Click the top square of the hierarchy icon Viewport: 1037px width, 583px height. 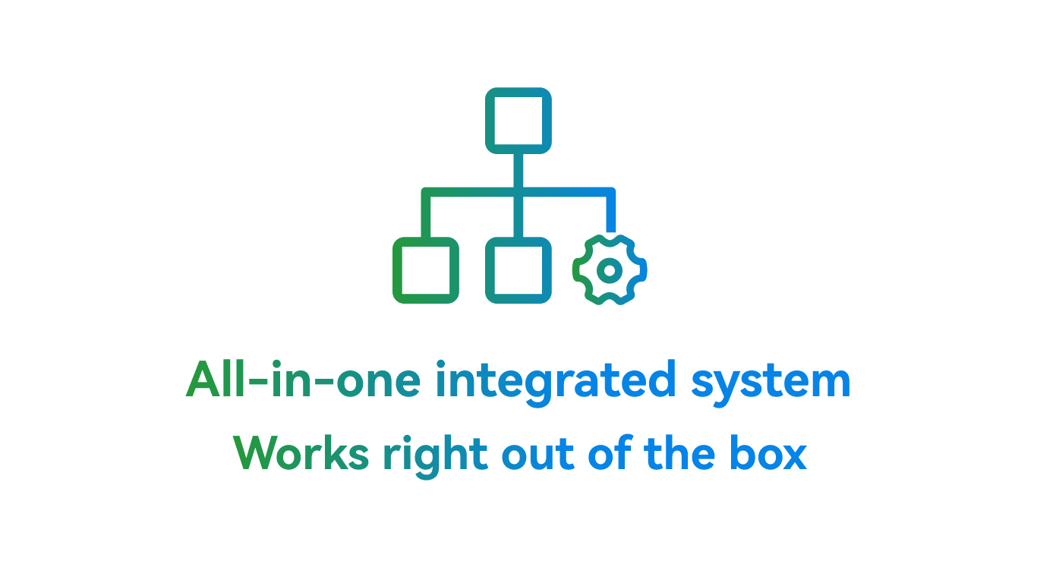pyautogui.click(x=518, y=121)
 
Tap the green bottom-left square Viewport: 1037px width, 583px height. pyautogui.click(x=425, y=270)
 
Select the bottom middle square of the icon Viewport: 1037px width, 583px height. pyautogui.click(x=518, y=270)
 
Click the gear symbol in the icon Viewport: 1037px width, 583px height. pyautogui.click(x=610, y=269)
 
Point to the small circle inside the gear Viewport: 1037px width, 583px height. pyautogui.click(x=610, y=269)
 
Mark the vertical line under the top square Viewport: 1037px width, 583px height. pyautogui.click(x=518, y=171)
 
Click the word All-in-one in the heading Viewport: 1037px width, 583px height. pyautogui.click(x=303, y=379)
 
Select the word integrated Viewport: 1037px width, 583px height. pyautogui.click(x=555, y=379)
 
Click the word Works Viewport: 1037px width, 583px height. pyautogui.click(x=301, y=453)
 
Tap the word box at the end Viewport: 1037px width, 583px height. pyautogui.click(x=767, y=453)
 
